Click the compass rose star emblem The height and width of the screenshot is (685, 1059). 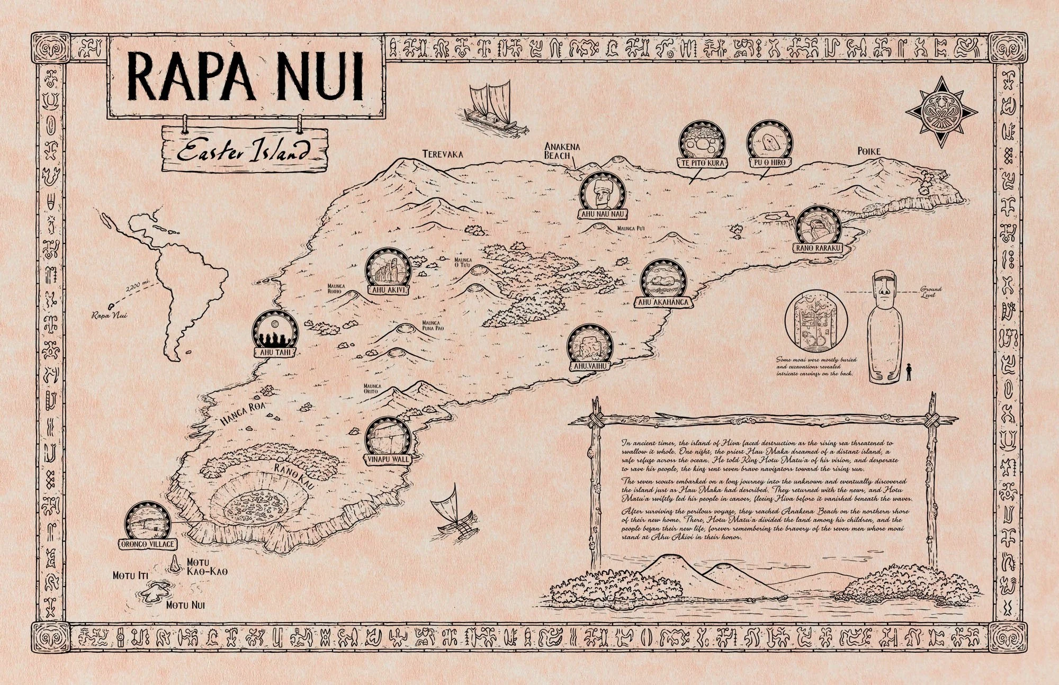[941, 112]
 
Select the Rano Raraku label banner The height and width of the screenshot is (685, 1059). [818, 248]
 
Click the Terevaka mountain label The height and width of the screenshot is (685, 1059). [443, 155]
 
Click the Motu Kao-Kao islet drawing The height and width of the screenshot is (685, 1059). [174, 565]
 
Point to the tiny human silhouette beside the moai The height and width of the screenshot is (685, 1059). [909, 372]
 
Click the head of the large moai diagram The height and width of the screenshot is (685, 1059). [883, 292]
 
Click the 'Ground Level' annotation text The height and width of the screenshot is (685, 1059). [930, 292]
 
